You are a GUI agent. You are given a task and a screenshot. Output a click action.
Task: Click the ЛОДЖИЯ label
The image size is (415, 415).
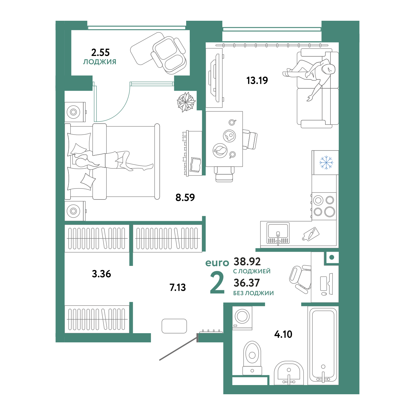pos(100,62)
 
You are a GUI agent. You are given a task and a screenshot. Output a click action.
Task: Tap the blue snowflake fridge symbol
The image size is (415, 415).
pos(326,162)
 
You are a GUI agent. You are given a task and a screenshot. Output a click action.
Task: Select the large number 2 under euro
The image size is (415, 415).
pos(217,283)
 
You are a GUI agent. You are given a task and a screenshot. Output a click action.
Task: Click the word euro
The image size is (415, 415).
pos(217,263)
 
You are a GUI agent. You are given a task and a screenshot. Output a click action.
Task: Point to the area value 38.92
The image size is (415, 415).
pos(247,261)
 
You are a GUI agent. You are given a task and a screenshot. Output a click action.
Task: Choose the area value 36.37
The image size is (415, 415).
pos(247,283)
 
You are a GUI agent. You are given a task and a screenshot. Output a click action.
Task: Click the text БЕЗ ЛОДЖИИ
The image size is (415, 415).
pos(253,293)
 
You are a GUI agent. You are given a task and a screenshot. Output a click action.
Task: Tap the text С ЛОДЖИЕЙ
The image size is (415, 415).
pos(252,271)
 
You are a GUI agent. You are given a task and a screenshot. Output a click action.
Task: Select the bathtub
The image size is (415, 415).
pos(323,345)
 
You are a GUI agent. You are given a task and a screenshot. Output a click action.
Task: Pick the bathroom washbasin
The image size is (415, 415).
pos(289,373)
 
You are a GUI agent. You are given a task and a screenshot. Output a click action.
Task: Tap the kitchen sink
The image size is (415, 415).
pos(278,233)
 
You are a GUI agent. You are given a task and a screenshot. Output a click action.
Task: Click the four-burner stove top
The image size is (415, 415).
pos(324,206)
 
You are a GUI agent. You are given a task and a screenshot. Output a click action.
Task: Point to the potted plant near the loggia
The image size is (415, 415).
pos(186,102)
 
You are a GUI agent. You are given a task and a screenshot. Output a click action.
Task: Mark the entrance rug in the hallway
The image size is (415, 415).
pos(174,326)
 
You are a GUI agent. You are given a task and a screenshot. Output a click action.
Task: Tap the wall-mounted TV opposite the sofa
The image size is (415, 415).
pos(214,78)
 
